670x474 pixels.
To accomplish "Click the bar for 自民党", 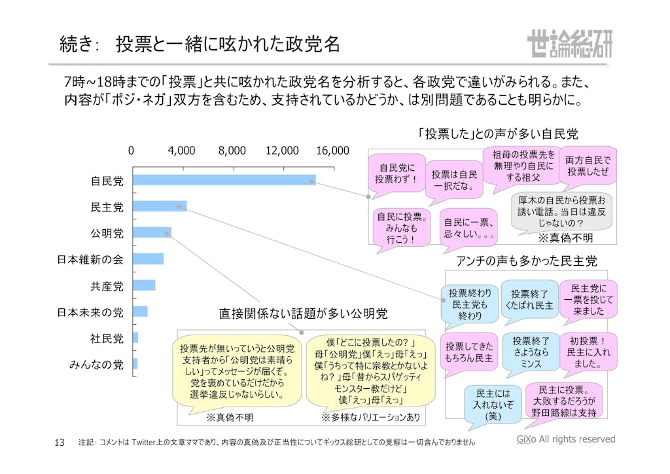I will point(222,180).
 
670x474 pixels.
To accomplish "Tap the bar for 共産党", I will point(143,285).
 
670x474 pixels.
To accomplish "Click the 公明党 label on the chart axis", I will point(107,232).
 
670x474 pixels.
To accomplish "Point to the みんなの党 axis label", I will point(96,364).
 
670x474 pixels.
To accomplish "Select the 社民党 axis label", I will point(107,338).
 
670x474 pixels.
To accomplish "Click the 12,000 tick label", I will point(282,151).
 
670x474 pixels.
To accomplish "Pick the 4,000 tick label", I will point(181,151).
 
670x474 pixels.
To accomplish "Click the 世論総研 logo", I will point(569,45).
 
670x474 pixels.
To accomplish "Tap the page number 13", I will point(59,443).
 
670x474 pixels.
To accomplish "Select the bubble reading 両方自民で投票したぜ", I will point(588,165).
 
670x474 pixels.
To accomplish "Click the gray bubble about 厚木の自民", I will point(561,211).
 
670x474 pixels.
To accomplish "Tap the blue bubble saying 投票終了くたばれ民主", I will point(529,300).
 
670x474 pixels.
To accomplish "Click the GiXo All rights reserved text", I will point(562,439).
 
